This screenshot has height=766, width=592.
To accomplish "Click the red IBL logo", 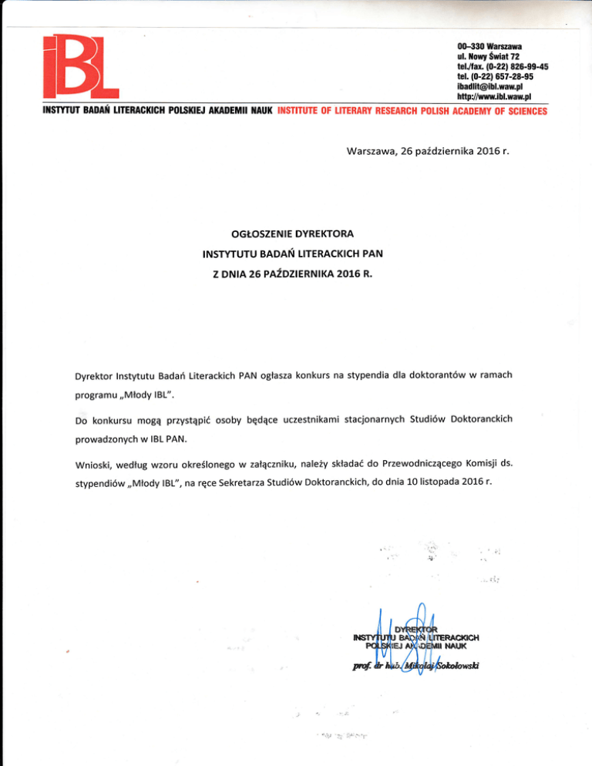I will (77, 68).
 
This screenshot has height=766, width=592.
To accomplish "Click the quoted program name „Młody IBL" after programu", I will (153, 395).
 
